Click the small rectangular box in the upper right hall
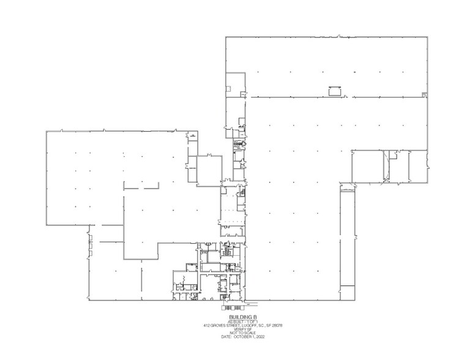[x=334, y=91]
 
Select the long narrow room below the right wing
[x=346, y=239]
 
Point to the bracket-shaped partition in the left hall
[x=140, y=184]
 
